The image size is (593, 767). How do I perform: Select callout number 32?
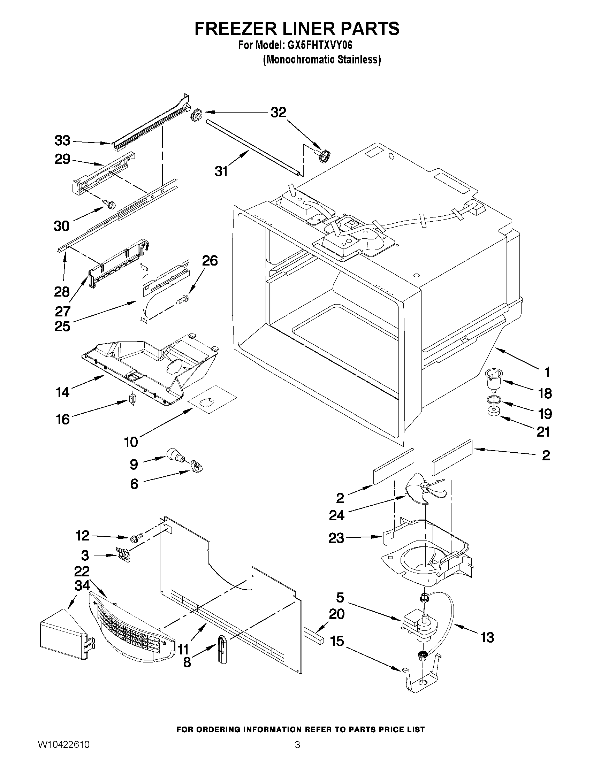click(278, 112)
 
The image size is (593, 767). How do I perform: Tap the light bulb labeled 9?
click(175, 454)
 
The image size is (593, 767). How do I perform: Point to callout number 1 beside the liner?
click(547, 372)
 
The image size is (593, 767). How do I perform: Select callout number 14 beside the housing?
click(62, 392)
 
